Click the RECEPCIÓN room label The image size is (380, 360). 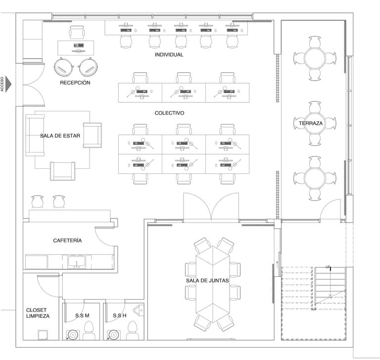click(x=75, y=83)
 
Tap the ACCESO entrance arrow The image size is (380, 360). click(x=8, y=84)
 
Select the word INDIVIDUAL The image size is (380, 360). click(x=169, y=54)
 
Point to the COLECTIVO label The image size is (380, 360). click(x=169, y=113)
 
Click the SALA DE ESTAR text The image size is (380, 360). click(x=60, y=136)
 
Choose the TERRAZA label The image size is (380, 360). click(x=311, y=123)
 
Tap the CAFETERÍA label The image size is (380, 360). click(x=67, y=240)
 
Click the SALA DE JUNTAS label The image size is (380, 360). click(x=207, y=281)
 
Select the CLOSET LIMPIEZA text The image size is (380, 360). click(x=38, y=313)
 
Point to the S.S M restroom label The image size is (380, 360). click(x=82, y=315)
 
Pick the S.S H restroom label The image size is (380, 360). click(x=119, y=315)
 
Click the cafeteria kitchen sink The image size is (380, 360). click(x=77, y=262)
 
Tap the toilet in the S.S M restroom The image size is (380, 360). click(x=89, y=330)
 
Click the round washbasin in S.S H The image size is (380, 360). click(x=113, y=335)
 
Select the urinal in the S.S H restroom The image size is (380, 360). click(x=139, y=310)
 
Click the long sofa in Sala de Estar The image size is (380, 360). click(x=35, y=135)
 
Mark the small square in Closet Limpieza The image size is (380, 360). click(x=43, y=335)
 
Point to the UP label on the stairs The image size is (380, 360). click(x=328, y=267)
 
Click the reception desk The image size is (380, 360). click(x=76, y=48)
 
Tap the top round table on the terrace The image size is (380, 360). click(x=315, y=58)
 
